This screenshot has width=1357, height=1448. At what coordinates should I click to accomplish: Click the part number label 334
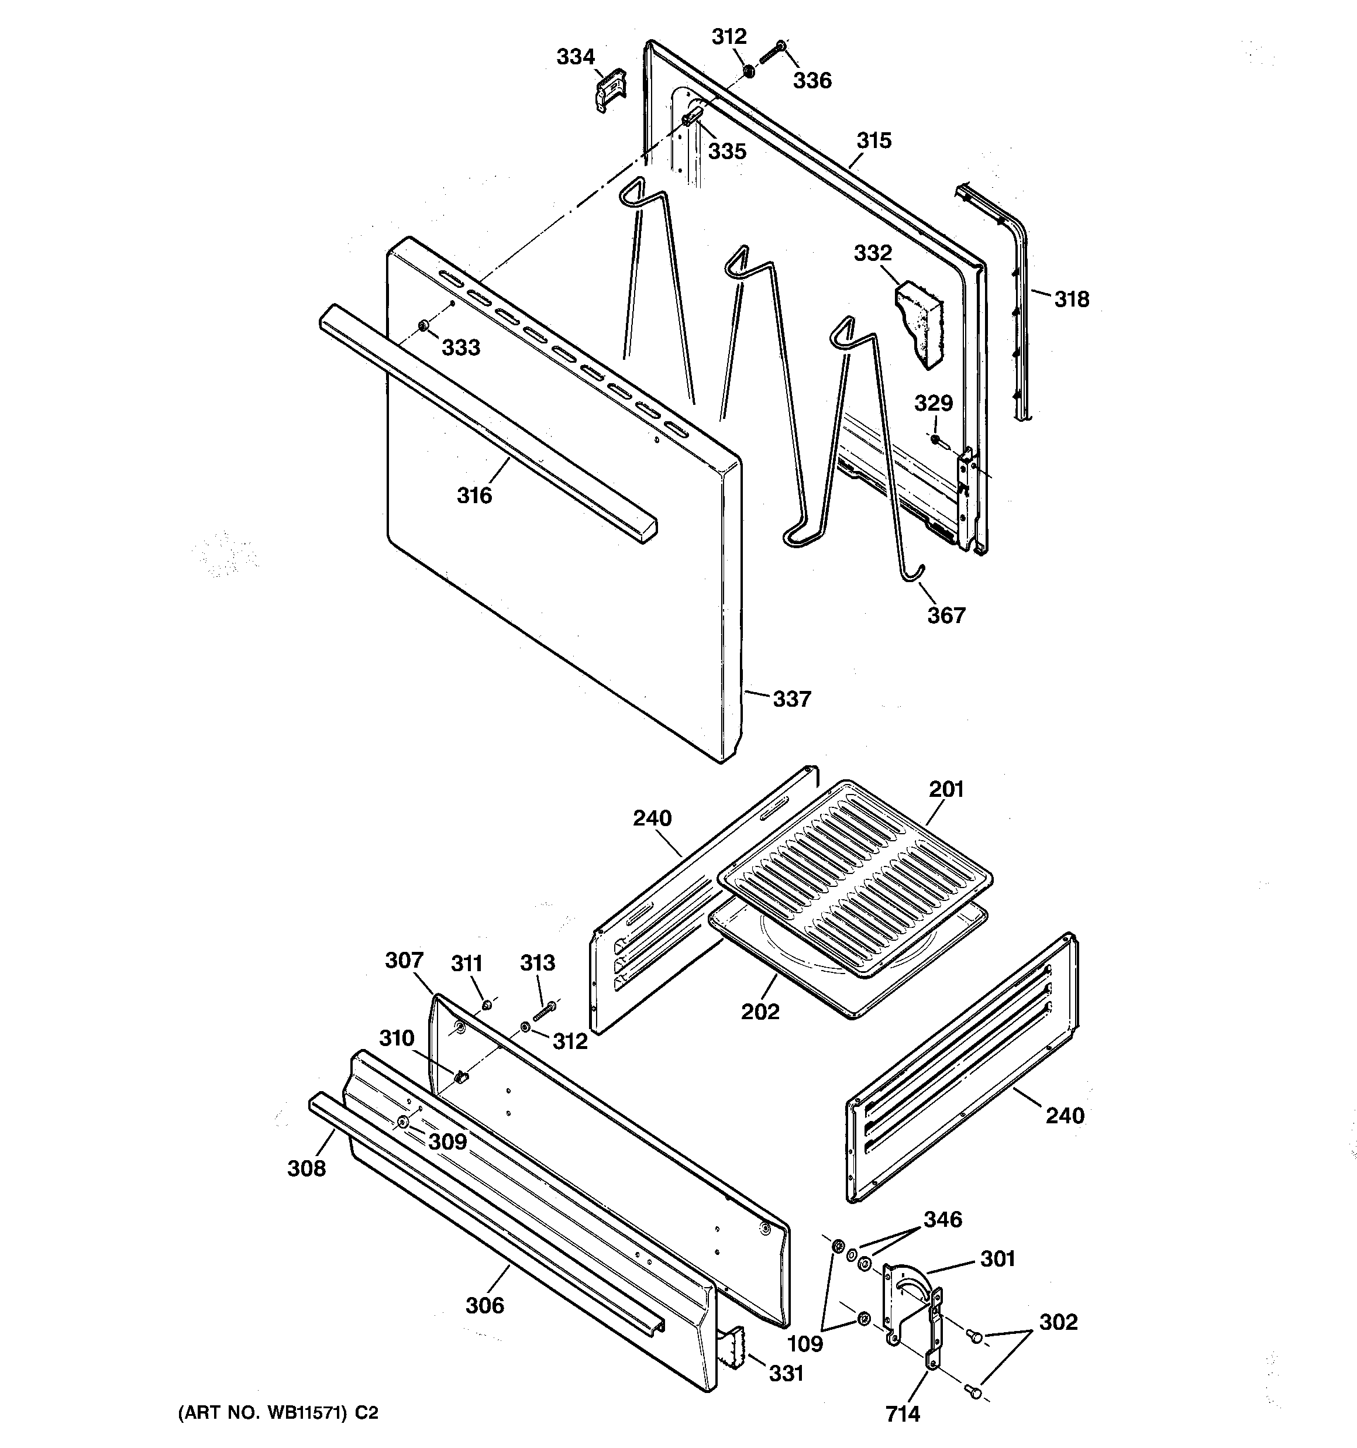point(576,57)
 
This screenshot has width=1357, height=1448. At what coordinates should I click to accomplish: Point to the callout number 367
point(945,615)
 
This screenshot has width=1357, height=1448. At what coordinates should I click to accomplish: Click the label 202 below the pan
point(760,1012)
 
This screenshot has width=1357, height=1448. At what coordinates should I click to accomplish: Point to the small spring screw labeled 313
point(544,1010)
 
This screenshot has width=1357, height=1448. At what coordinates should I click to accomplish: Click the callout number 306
point(484,1305)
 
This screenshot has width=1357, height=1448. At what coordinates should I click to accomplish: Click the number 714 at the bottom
point(903,1413)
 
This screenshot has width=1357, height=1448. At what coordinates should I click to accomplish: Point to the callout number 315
point(873,140)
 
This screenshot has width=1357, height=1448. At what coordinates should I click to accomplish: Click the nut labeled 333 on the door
point(422,325)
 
